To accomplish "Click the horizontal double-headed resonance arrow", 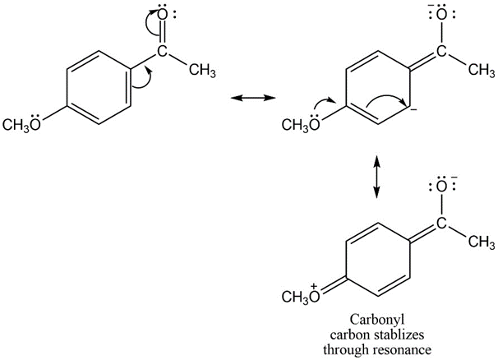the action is [x=253, y=98].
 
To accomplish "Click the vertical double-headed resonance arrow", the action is [x=376, y=177].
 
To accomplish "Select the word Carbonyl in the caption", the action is [x=377, y=320].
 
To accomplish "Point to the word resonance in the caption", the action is [x=402, y=350].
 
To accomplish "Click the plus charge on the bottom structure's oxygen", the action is [x=314, y=286].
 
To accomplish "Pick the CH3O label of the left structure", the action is [x=22, y=125].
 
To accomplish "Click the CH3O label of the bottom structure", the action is [x=301, y=297].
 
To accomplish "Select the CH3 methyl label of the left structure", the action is [x=202, y=71].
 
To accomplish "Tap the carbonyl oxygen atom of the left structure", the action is [x=162, y=16].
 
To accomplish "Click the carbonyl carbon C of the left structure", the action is [x=162, y=51].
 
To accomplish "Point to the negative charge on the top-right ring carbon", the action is [x=413, y=110].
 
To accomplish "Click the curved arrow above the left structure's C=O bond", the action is [x=149, y=24].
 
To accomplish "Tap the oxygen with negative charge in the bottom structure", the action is [x=441, y=187].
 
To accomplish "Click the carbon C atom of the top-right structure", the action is [x=441, y=51].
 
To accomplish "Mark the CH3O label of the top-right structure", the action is [x=301, y=125].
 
